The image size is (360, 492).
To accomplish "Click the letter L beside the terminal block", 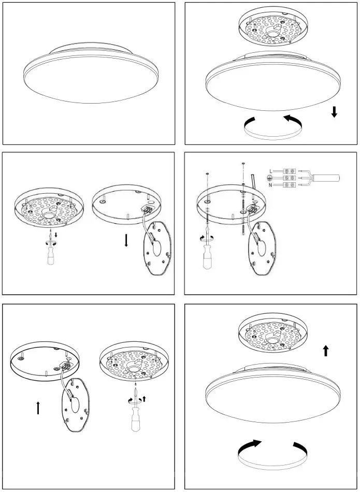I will point(271,170).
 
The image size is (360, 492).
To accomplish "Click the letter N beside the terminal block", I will point(270,185).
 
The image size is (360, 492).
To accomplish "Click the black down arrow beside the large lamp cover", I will point(334,111).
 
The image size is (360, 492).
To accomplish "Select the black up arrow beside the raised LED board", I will point(326,351).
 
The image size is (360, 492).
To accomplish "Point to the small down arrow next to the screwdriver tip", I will point(56,236).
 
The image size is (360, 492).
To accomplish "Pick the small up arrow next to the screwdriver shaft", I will point(145,398).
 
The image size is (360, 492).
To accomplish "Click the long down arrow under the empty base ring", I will point(126,241).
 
